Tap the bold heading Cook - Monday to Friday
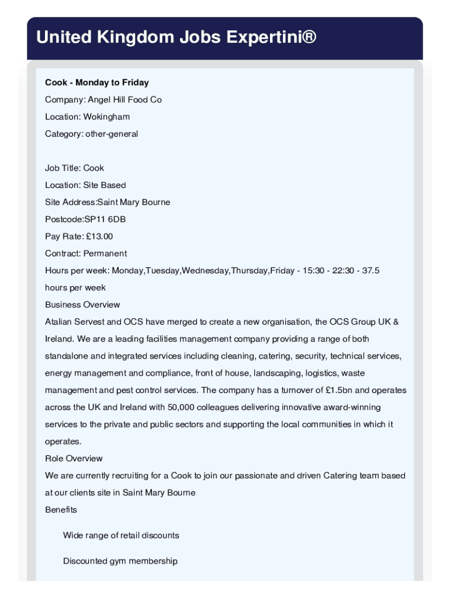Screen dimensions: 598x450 [x=97, y=82]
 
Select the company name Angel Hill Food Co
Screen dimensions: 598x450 [x=124, y=100]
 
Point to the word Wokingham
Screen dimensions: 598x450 [x=106, y=117]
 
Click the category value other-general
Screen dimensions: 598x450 [x=112, y=134]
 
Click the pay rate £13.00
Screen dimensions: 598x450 [x=100, y=237]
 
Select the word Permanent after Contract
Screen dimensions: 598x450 [x=105, y=253]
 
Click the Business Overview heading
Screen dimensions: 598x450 [x=82, y=305]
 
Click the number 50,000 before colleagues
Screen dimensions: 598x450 [x=181, y=407]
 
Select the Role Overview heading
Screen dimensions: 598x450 [x=74, y=458]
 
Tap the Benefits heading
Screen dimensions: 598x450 [x=61, y=510]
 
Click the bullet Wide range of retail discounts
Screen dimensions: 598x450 [x=121, y=536]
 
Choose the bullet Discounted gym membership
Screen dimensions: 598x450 [x=120, y=561]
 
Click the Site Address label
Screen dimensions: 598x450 [x=70, y=202]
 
